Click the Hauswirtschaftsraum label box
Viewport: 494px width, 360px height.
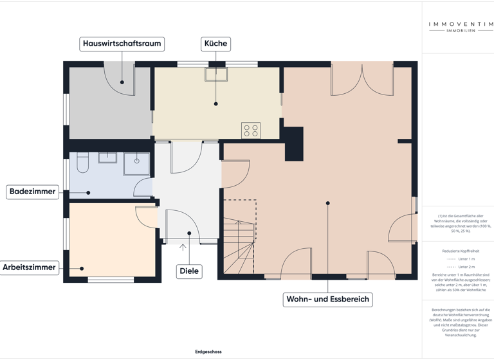[x=122, y=44]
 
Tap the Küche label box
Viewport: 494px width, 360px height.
[x=215, y=44]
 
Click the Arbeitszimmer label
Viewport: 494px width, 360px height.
[x=29, y=267]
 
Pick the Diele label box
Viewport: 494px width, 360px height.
[x=189, y=271]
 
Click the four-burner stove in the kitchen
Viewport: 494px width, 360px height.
[x=251, y=130]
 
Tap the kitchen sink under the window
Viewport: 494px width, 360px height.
[x=216, y=74]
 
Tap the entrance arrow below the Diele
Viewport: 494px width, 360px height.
[x=183, y=247]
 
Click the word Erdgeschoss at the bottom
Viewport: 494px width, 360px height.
[x=208, y=352]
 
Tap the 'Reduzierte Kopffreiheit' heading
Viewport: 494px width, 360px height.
[x=461, y=251]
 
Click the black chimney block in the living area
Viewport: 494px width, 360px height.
[x=294, y=144]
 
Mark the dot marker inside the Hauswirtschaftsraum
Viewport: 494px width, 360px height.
[x=122, y=82]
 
